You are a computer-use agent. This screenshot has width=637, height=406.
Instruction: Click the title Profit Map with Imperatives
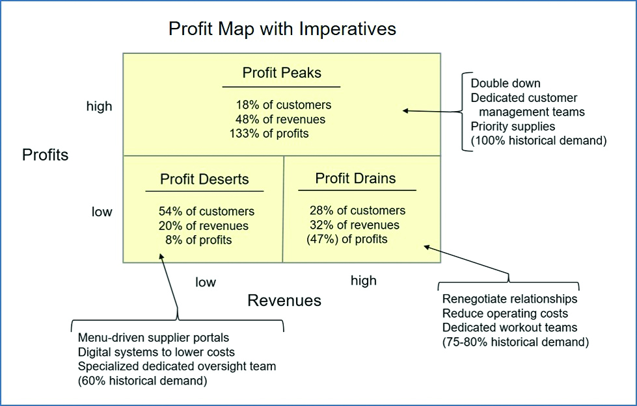[x=282, y=29]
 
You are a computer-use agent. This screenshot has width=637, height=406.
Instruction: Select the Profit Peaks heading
[x=282, y=73]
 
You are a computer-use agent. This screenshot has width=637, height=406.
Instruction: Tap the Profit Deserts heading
[x=204, y=179]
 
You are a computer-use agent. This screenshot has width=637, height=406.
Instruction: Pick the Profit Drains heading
[x=355, y=178]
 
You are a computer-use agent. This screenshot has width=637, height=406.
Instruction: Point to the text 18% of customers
[x=284, y=105]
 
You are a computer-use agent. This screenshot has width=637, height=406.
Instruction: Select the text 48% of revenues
[x=280, y=120]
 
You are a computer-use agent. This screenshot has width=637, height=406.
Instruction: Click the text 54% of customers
[x=206, y=211]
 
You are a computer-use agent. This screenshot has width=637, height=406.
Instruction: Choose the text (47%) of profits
[x=347, y=239]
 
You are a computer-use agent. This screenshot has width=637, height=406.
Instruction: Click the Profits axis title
[x=45, y=155]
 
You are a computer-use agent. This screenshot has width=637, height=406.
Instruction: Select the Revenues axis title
[x=284, y=300]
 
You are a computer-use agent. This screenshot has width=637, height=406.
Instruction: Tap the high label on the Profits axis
[x=99, y=106]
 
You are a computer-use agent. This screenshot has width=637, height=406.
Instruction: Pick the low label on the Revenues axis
[x=206, y=282]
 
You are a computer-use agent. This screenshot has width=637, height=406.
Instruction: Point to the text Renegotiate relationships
[x=509, y=299]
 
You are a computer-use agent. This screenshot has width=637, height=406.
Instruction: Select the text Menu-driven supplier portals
[x=153, y=338]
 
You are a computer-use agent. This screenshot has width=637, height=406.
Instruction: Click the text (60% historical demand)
[x=142, y=381]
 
